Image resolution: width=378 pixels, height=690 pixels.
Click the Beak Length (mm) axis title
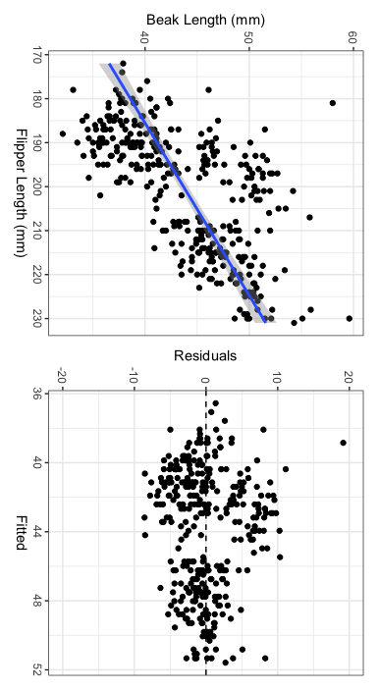[205, 20]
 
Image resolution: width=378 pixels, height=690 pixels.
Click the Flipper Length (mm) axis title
[19, 192]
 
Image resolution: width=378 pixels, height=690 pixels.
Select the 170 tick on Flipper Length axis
[36, 57]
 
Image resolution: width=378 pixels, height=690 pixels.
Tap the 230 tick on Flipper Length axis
[36, 319]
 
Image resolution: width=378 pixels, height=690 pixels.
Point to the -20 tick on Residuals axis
[62, 376]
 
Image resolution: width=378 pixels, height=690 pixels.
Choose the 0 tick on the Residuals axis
[205, 376]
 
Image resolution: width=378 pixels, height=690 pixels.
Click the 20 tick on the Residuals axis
[349, 376]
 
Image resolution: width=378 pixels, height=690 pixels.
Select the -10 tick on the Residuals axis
[134, 376]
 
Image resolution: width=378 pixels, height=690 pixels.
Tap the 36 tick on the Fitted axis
[36, 394]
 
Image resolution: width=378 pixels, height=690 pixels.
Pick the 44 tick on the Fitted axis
[36, 531]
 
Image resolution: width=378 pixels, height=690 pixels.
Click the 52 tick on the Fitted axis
[36, 668]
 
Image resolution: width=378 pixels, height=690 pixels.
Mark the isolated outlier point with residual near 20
[343, 443]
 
